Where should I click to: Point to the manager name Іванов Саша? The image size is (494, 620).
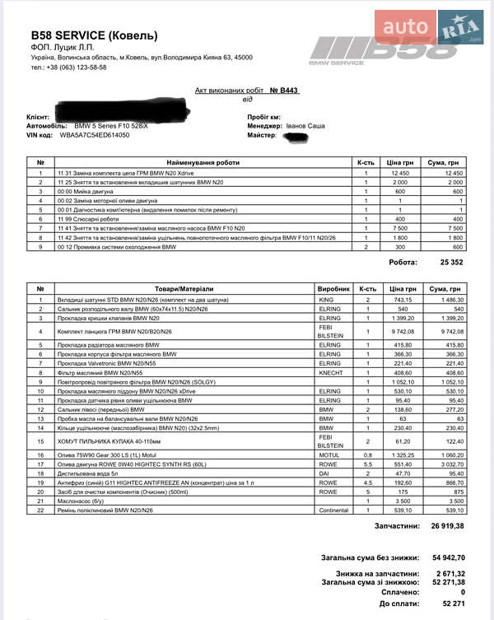(x=305, y=126)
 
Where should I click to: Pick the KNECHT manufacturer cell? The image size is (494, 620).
(x=329, y=372)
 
